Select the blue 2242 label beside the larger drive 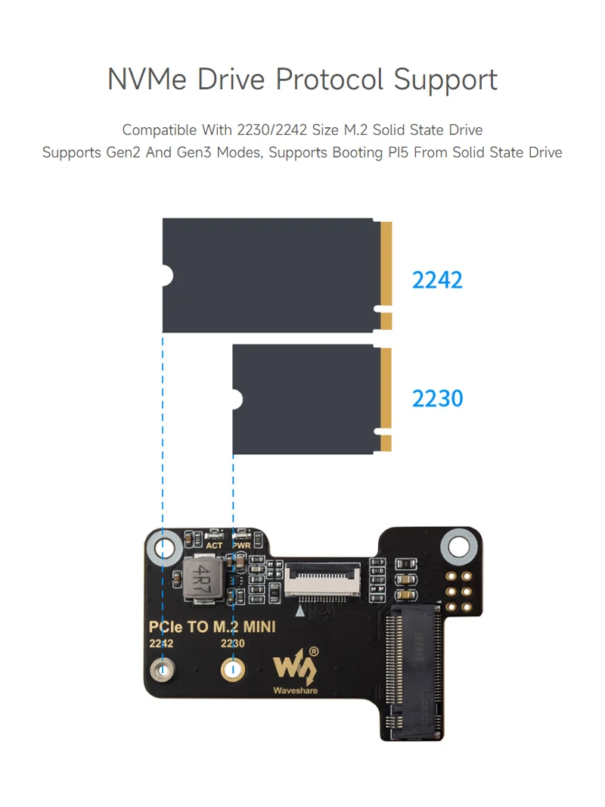pos(437,280)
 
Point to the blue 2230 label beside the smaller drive pos(437,398)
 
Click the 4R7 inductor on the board pos(202,580)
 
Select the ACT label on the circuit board pos(215,545)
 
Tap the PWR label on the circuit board pos(242,545)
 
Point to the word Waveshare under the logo pos(296,690)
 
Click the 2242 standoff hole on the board pos(162,669)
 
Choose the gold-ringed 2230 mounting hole pos(232,669)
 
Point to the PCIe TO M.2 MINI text pos(212,626)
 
